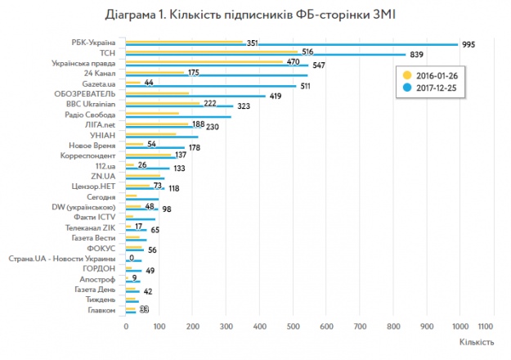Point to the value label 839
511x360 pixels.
tap(417, 55)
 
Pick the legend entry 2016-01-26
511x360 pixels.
tap(433, 74)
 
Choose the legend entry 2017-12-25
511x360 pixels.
tap(433, 87)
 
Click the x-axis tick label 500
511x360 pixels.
tap(293, 326)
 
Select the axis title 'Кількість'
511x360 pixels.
tap(476, 343)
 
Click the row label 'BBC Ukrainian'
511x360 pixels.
tap(92, 104)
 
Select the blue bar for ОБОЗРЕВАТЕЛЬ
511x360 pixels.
tap(196, 96)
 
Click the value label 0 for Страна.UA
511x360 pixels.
tap(132, 258)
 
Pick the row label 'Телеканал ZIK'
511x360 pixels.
tap(92, 227)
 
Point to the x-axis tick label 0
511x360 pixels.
tap(127, 326)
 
